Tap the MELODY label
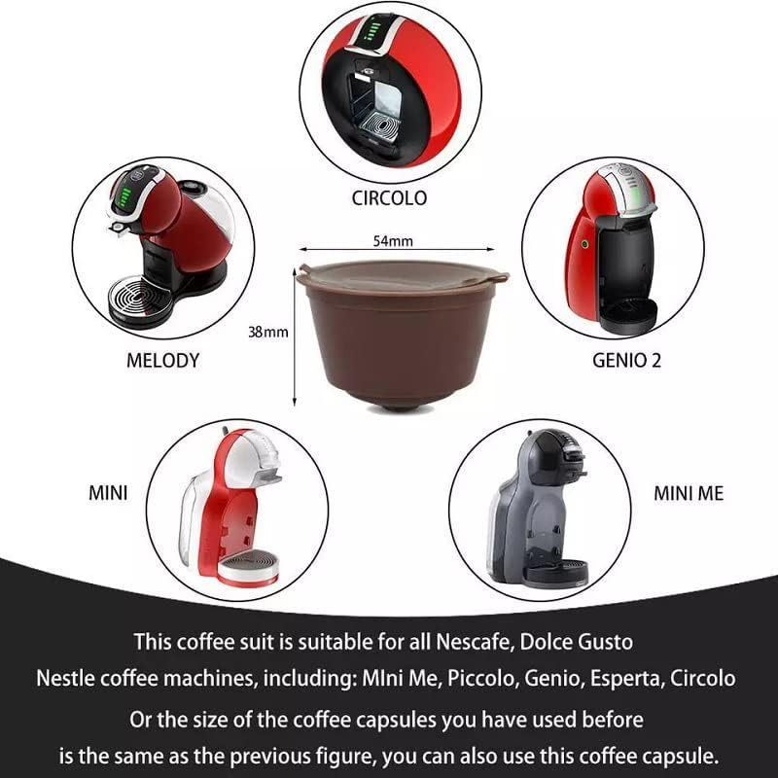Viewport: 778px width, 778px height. pos(162,361)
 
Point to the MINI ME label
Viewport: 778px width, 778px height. pos(689,493)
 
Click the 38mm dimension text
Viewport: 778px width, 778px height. pos(269,332)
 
